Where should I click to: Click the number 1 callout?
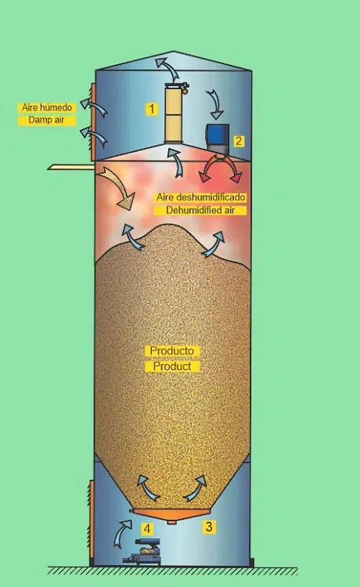click(x=152, y=109)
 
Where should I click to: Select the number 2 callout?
click(x=239, y=141)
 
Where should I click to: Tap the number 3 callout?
click(x=209, y=527)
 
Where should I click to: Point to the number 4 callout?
click(x=147, y=529)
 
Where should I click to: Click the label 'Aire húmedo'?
click(x=47, y=108)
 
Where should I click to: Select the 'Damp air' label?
click(x=47, y=121)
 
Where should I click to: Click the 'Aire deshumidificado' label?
click(x=200, y=197)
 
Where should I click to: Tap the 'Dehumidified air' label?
click(x=200, y=210)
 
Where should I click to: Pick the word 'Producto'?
click(x=172, y=351)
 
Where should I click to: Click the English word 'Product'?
click(x=172, y=366)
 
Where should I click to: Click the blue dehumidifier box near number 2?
click(x=218, y=139)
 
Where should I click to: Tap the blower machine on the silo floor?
click(x=143, y=551)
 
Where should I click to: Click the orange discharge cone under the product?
click(x=171, y=514)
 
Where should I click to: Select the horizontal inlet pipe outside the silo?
click(x=71, y=167)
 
